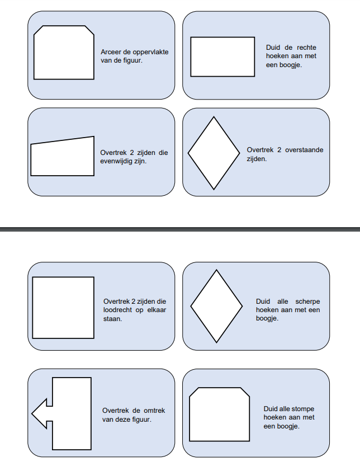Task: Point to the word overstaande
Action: tap(304, 150)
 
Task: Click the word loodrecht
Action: tap(118, 310)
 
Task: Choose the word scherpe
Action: tap(307, 302)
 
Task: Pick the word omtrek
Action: tap(154, 411)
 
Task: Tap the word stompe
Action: tap(302, 409)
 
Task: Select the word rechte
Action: tap(306, 48)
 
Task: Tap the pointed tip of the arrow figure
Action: tap(32, 413)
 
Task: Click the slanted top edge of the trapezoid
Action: tap(63, 140)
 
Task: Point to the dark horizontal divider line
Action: tap(180, 229)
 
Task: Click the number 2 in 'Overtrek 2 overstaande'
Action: tap(280, 150)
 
